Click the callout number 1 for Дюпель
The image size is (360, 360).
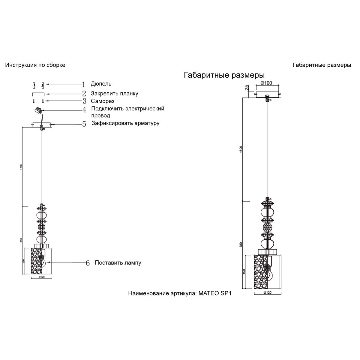tap(84, 84)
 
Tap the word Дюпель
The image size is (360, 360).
tap(101, 84)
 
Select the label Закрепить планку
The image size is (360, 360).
tap(115, 94)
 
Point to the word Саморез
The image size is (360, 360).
tap(103, 101)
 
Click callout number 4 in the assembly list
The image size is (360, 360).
tap(84, 109)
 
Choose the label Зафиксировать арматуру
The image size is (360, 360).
tap(125, 123)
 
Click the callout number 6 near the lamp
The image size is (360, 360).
tap(88, 263)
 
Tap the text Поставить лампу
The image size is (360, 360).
tap(118, 263)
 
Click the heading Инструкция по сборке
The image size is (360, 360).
tap(35, 65)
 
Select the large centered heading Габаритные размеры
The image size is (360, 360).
tap(224, 75)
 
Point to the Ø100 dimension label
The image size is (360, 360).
tap(266, 83)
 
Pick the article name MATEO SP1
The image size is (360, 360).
tap(215, 293)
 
